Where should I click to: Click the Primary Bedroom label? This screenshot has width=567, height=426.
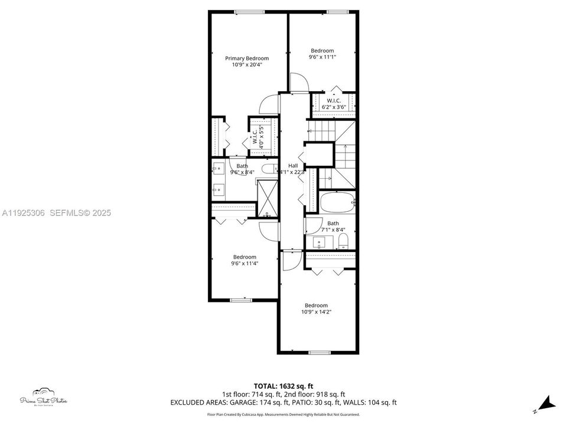click(x=247, y=58)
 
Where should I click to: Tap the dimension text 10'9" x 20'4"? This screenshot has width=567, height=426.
click(x=247, y=64)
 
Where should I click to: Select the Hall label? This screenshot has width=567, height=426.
click(x=293, y=166)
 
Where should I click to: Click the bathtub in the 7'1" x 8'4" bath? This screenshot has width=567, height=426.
click(x=337, y=202)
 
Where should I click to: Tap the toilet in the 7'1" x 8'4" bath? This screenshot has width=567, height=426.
click(x=344, y=241)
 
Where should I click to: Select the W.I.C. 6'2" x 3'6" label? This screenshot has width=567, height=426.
click(x=334, y=104)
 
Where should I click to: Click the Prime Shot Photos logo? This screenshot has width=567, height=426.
click(x=44, y=398)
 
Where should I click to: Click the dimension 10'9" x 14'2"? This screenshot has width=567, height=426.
click(x=317, y=312)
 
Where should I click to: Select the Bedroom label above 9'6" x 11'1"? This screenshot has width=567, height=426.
click(x=322, y=51)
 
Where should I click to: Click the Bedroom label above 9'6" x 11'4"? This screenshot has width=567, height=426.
click(x=244, y=257)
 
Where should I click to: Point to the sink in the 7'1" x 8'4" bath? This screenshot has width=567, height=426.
click(x=320, y=241)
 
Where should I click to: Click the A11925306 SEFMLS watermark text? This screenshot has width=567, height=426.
click(x=56, y=212)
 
